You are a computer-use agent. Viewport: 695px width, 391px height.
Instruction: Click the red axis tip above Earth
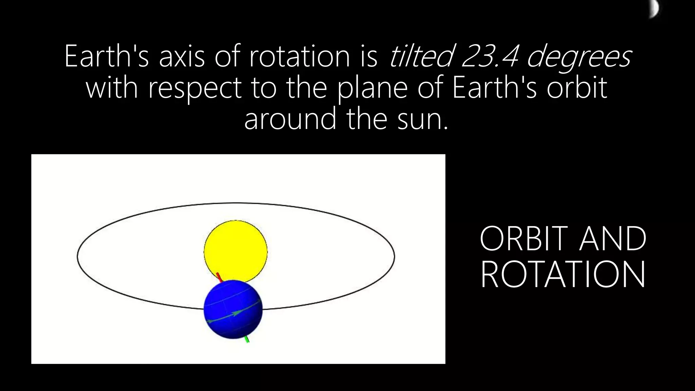(x=219, y=276)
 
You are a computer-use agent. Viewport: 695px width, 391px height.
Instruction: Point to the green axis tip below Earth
(x=247, y=339)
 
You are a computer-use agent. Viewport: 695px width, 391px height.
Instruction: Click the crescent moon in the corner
(x=654, y=8)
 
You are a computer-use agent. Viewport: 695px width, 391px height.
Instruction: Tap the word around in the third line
(x=290, y=119)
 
